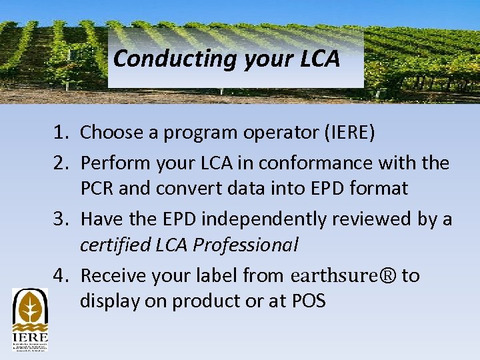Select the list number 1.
61,133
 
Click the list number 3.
61,219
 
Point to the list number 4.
61,275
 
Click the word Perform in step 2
116,163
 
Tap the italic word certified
111,245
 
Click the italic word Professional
245,245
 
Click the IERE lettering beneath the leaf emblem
30,339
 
